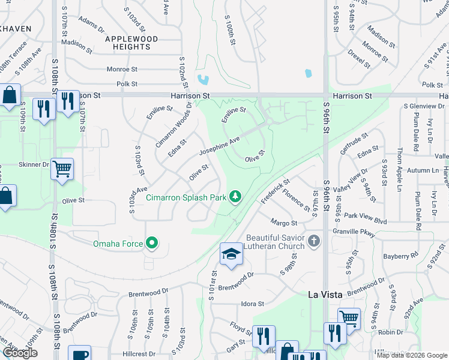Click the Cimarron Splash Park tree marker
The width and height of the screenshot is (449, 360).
[x=237, y=196]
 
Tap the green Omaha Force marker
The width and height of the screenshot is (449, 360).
[x=152, y=243]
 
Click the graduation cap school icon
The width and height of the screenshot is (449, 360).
[x=231, y=254]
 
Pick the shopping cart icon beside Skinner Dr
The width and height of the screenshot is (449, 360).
[x=62, y=169]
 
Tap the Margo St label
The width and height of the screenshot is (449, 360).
[x=284, y=223]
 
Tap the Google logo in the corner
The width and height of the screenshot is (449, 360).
[x=20, y=353]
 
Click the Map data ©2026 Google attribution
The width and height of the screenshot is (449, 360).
[x=411, y=355]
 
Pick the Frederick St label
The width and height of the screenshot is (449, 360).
[x=276, y=189]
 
